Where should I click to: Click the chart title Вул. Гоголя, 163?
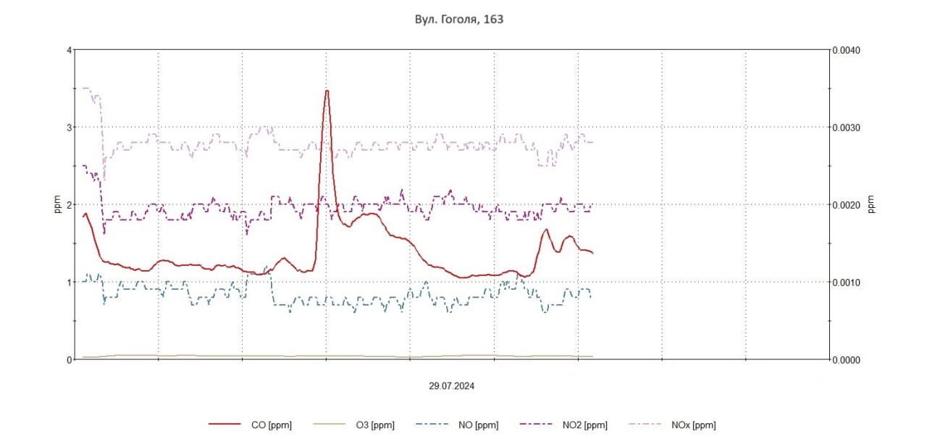pyautogui.click(x=454, y=20)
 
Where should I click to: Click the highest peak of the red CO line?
pyautogui.click(x=327, y=91)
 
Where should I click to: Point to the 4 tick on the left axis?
pyautogui.click(x=69, y=50)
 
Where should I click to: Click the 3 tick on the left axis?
pyautogui.click(x=69, y=127)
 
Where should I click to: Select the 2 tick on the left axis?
pyautogui.click(x=69, y=205)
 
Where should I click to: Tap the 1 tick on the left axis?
pyautogui.click(x=69, y=282)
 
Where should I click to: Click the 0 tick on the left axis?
pyautogui.click(x=69, y=359)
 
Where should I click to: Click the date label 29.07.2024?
pyautogui.click(x=451, y=386)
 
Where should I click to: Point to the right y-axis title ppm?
pyautogui.click(x=871, y=205)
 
